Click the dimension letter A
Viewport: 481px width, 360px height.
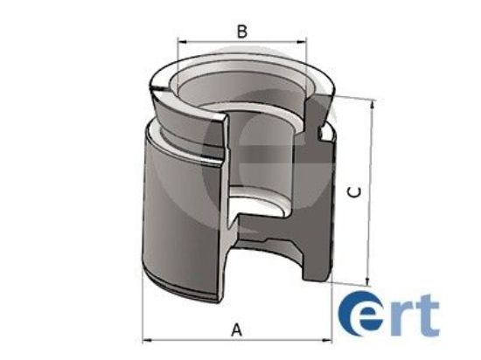coord(235,329)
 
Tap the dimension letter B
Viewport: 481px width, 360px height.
coord(242,31)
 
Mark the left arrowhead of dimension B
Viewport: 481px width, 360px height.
coord(181,41)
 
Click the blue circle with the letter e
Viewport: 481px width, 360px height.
coord(358,314)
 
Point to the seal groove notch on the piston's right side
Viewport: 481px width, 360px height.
coord(327,134)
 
